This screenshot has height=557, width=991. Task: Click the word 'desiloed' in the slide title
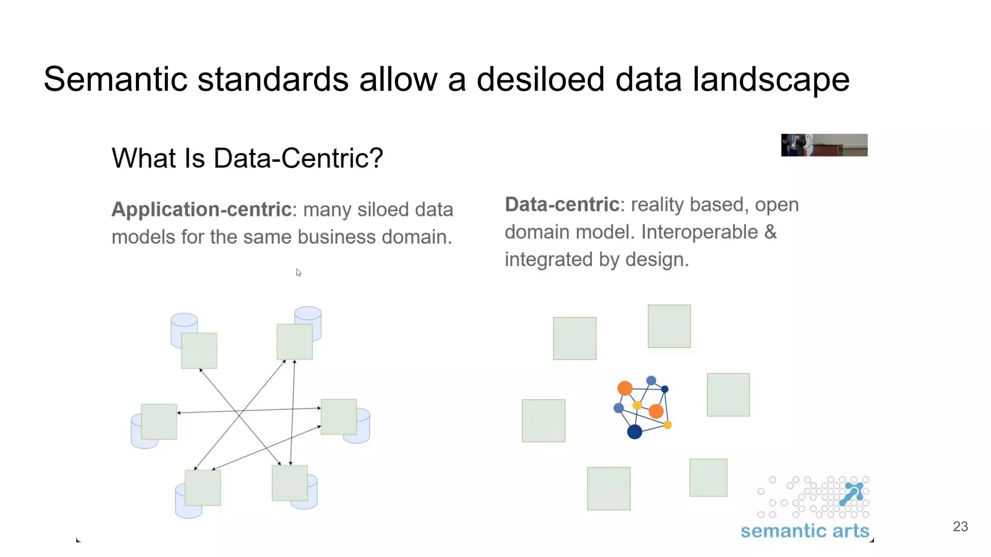[x=540, y=79]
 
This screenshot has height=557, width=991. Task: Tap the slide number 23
[x=960, y=527]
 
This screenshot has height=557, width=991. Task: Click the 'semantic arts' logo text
[x=805, y=531]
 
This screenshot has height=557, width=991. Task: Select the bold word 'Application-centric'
[x=201, y=210]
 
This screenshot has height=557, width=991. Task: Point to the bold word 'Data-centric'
[x=562, y=205]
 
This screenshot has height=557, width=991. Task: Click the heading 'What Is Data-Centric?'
[x=247, y=159]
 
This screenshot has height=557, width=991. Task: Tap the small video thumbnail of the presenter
[x=824, y=145]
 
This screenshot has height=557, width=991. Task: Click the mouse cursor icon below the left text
[x=299, y=273]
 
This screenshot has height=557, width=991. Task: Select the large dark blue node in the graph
[x=634, y=432]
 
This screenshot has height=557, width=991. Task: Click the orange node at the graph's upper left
[x=625, y=388]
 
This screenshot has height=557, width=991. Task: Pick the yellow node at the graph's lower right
[x=667, y=425]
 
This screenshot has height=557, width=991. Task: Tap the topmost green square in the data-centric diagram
[x=669, y=326]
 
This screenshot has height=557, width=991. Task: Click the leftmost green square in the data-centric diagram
[x=543, y=421]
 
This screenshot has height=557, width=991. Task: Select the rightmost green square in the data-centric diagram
[x=728, y=395]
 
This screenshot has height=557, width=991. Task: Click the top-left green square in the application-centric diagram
[x=199, y=351]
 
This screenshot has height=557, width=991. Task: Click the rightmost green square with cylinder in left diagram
[x=339, y=417]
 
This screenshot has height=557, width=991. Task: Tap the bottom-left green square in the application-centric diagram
[x=203, y=488]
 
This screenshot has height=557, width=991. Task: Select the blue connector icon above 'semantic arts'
[x=853, y=493]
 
